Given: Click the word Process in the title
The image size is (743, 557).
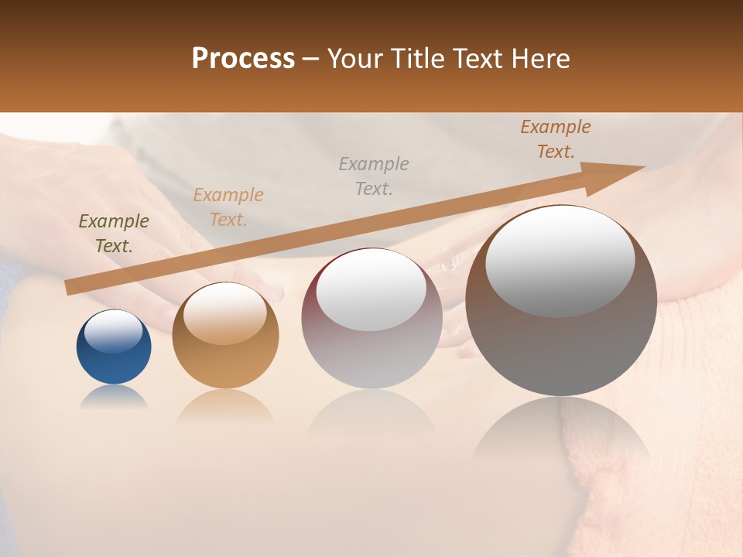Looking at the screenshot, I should [243, 59].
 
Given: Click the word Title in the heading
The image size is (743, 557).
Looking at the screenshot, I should [418, 59].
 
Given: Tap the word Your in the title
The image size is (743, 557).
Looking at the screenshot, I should [358, 59].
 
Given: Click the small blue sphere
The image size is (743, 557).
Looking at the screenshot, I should [114, 360].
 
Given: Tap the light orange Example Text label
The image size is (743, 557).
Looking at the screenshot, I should [228, 207].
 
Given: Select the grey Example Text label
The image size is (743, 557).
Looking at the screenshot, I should [374, 176].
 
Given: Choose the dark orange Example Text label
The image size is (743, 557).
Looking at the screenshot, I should [555, 139].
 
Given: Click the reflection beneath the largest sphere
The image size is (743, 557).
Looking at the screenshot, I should [561, 429].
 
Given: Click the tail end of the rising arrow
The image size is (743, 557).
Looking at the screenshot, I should [71, 287].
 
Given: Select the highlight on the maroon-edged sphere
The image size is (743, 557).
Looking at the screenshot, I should [371, 290].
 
